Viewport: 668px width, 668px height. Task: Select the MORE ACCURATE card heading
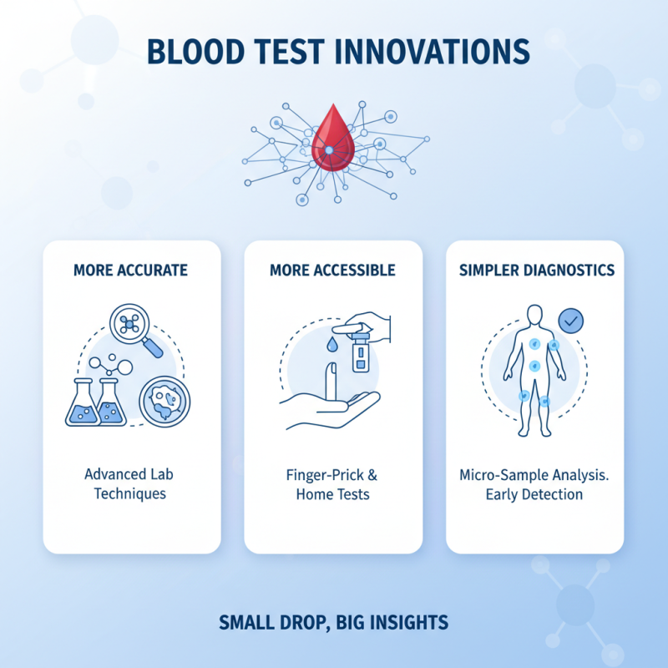click(x=130, y=271)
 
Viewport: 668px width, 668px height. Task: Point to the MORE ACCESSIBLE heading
click(x=332, y=271)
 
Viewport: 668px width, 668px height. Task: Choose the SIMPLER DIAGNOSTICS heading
click(x=534, y=271)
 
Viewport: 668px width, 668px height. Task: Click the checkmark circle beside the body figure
click(x=570, y=319)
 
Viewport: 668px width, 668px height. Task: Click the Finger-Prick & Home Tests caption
click(x=332, y=484)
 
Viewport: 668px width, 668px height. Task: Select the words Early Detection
click(x=534, y=493)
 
